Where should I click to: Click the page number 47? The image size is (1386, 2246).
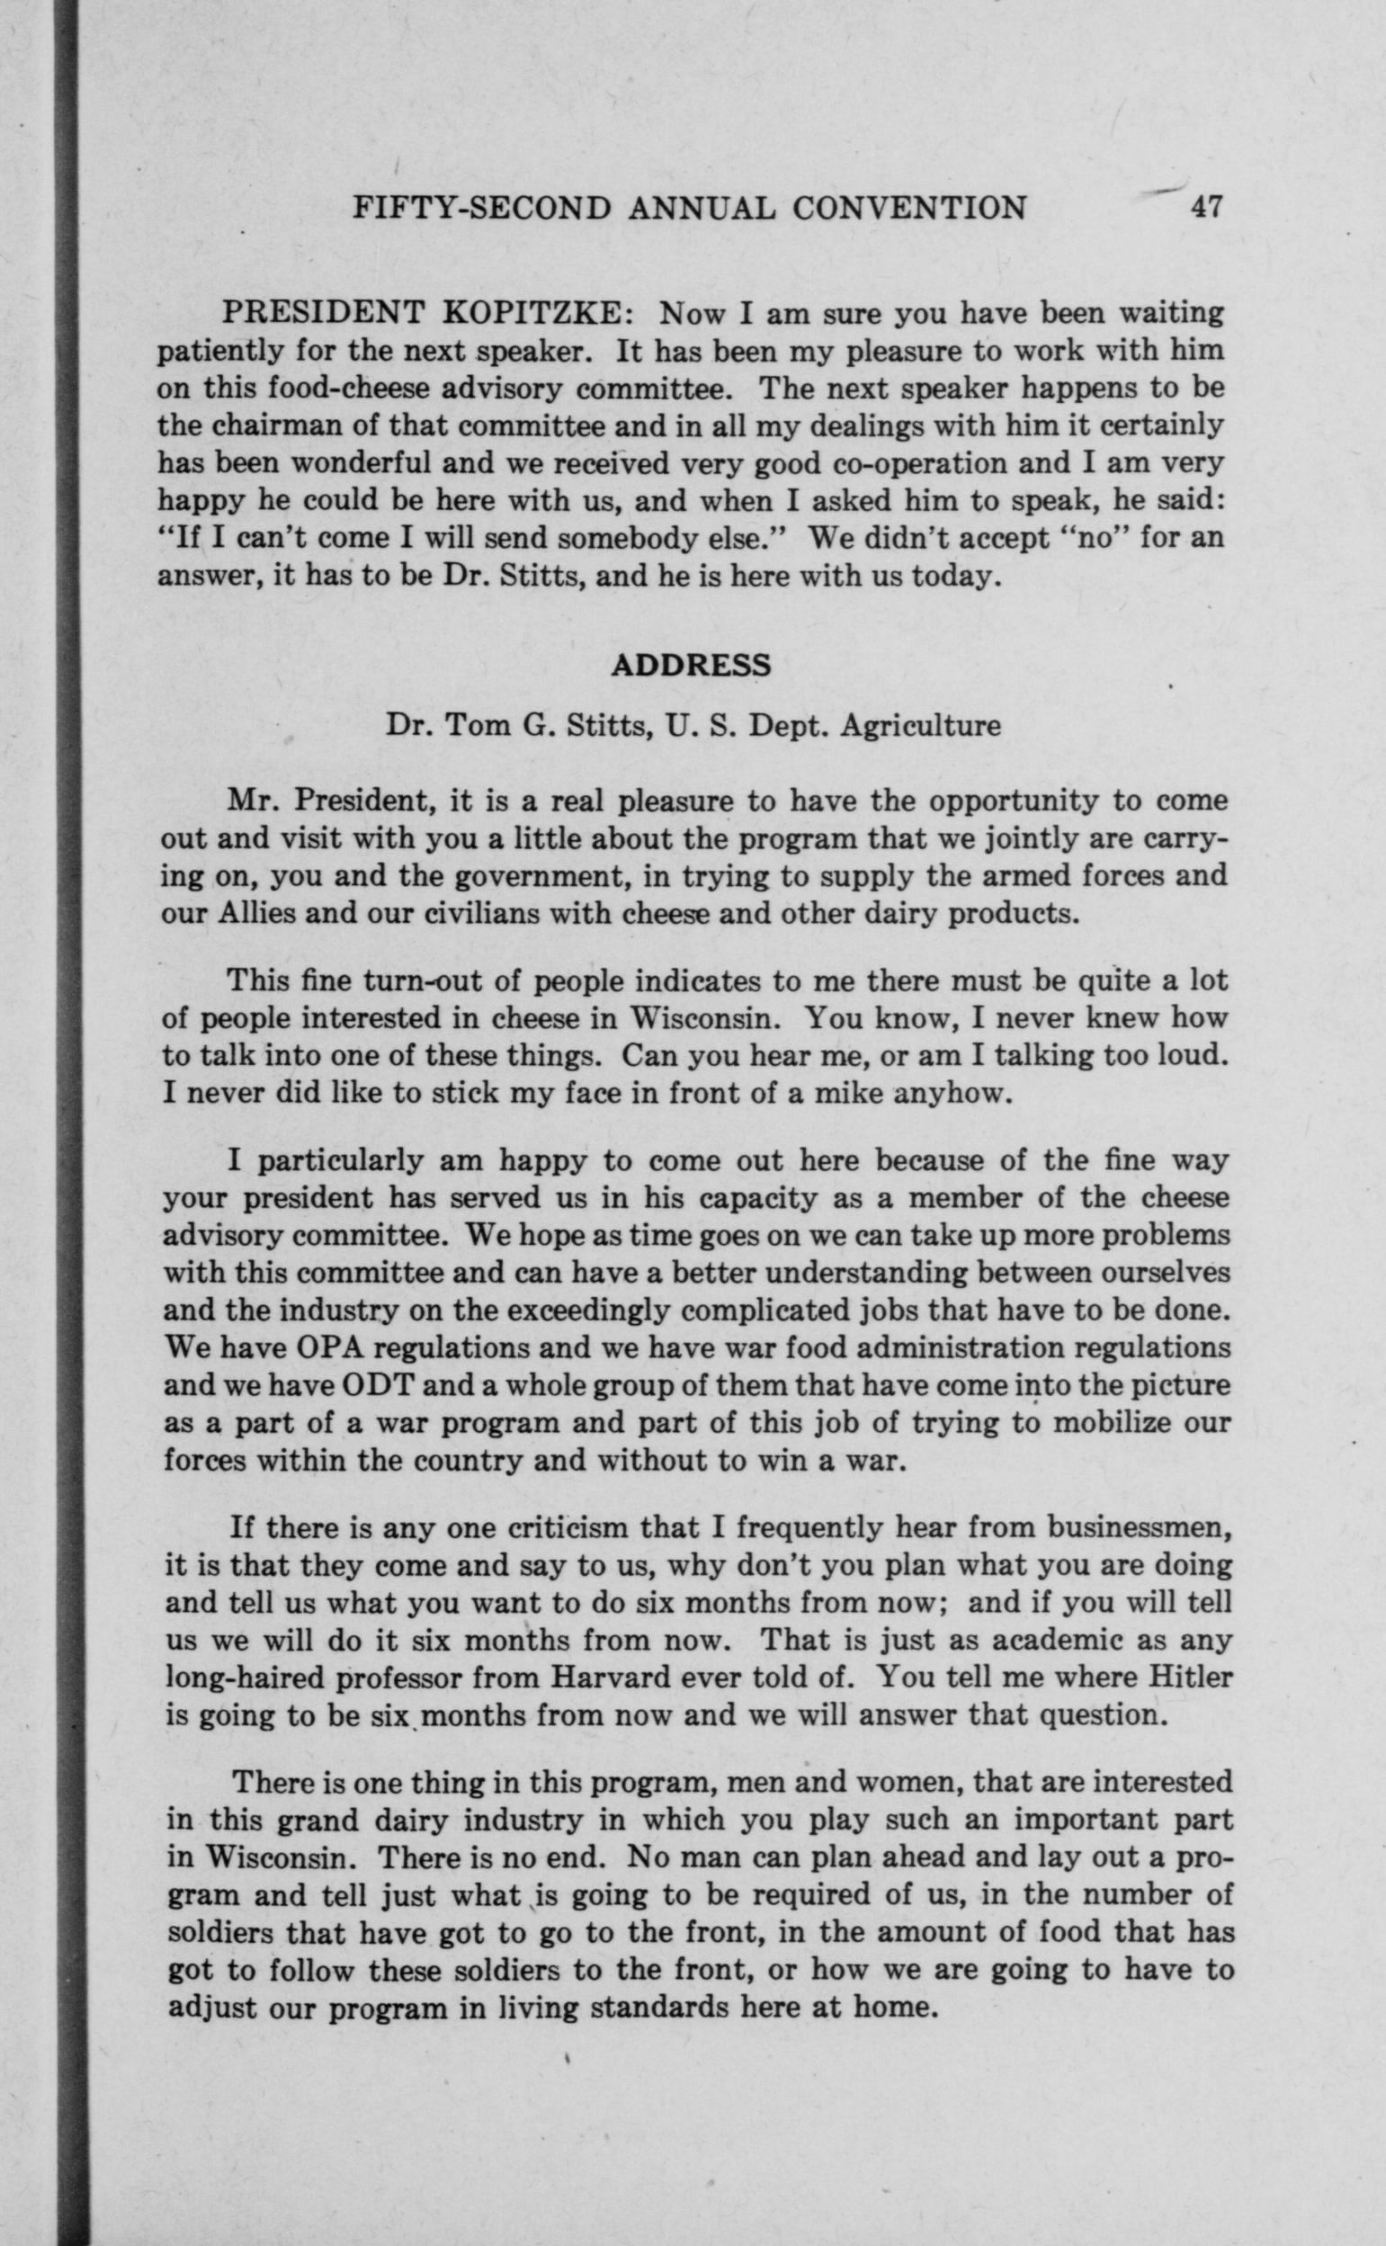[x=1204, y=208]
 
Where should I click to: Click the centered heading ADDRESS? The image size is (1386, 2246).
[x=691, y=665]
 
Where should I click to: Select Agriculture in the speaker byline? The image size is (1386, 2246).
[x=919, y=725]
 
